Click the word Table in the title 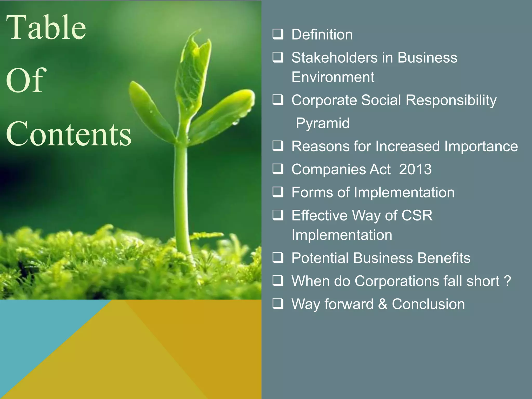(x=46, y=28)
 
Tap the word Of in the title (x=26, y=80)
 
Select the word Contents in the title (x=69, y=134)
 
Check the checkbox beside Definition (x=278, y=34)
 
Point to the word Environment (x=333, y=77)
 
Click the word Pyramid (x=323, y=123)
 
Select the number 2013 (x=415, y=169)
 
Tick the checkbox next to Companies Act (x=278, y=169)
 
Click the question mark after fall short (x=507, y=281)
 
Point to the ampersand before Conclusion (x=382, y=304)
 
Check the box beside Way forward (x=278, y=303)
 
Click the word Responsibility (x=451, y=100)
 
